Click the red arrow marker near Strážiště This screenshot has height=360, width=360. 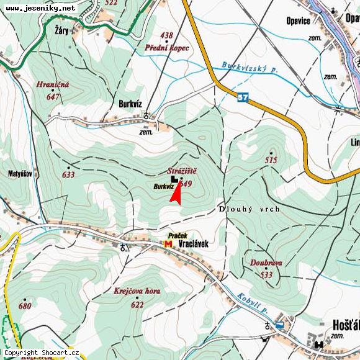176,192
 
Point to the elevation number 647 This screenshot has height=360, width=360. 52,96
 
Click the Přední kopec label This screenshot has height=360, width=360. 167,47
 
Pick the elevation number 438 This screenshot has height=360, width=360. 166,35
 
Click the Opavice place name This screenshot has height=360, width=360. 299,20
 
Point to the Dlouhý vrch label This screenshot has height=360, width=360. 249,209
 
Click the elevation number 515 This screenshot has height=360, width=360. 271,160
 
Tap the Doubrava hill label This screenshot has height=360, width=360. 266,263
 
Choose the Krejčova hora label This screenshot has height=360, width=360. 137,291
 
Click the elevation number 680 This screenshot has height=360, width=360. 25,306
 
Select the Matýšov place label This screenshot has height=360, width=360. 20,174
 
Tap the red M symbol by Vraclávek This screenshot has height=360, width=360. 168,244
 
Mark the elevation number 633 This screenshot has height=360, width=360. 68,175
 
